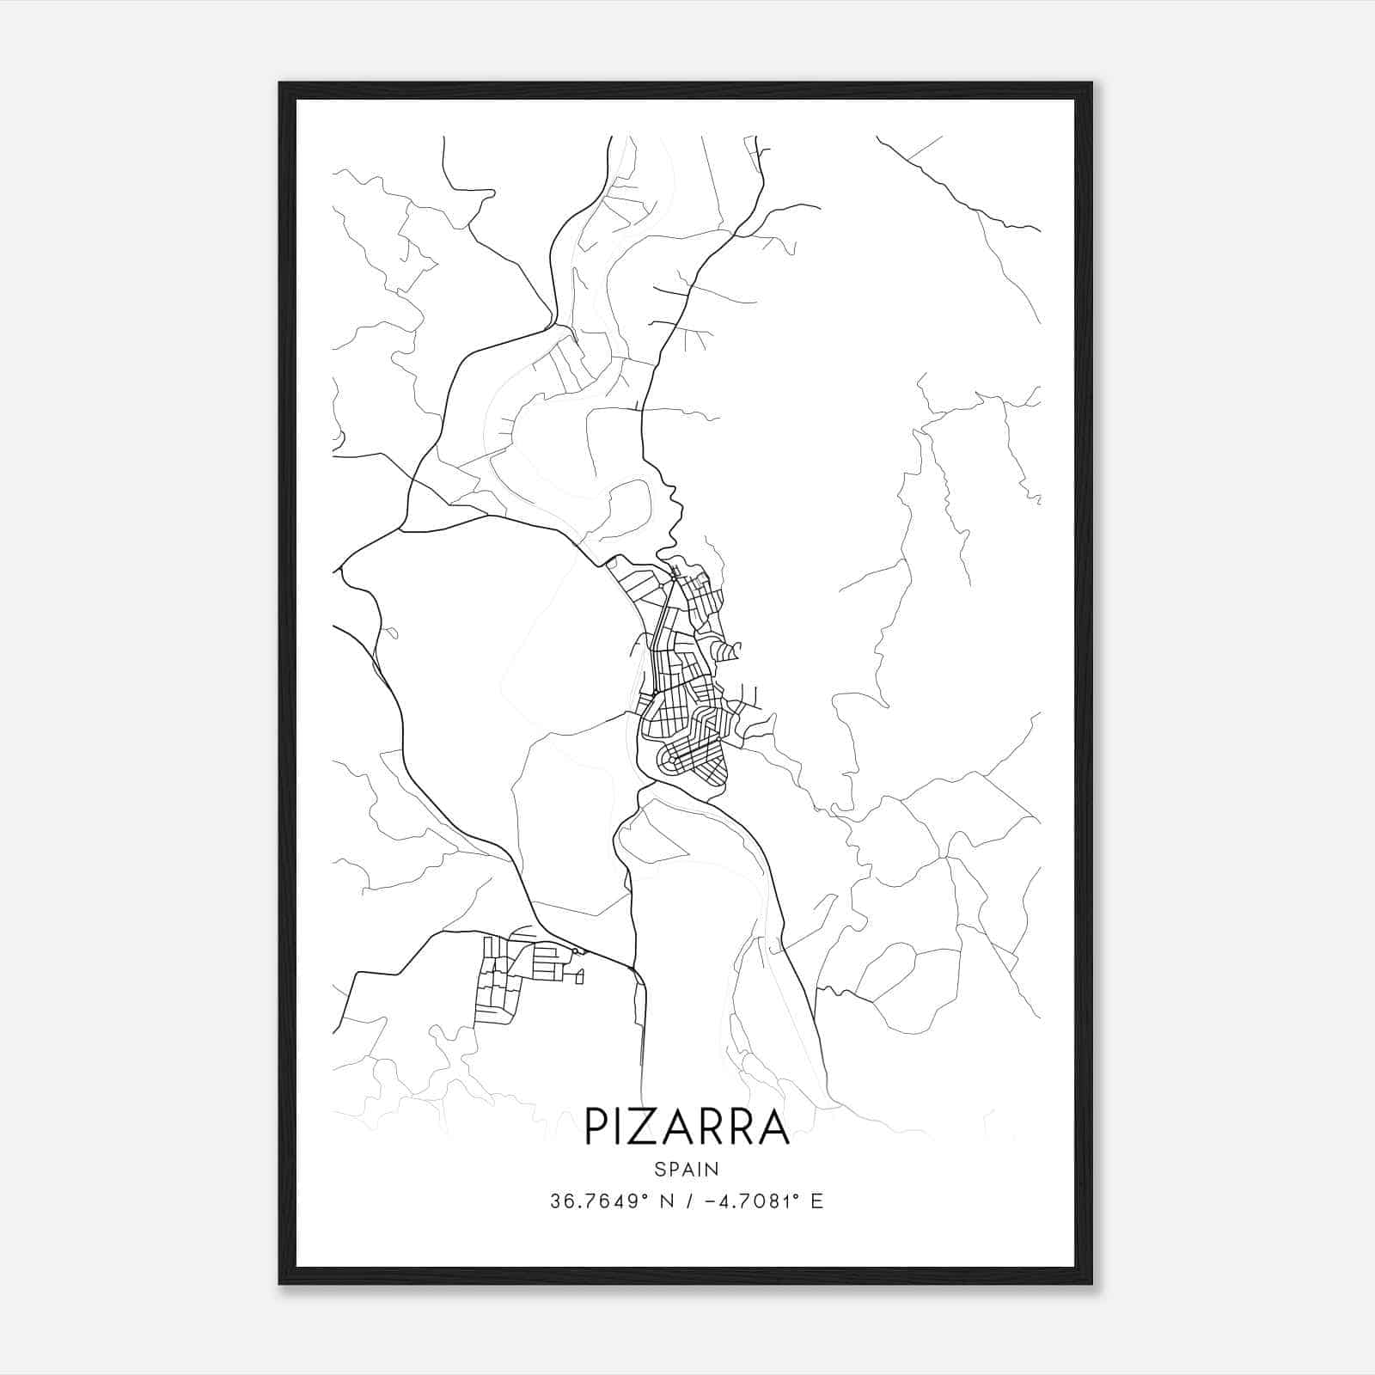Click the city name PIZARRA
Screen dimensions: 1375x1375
687,1127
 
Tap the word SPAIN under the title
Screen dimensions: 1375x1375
687,1169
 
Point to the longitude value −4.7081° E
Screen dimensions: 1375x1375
762,1201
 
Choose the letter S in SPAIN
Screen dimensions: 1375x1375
659,1169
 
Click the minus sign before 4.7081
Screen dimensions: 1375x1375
709,1201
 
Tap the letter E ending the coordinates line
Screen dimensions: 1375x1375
817,1201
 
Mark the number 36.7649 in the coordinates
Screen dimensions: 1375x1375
592,1201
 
